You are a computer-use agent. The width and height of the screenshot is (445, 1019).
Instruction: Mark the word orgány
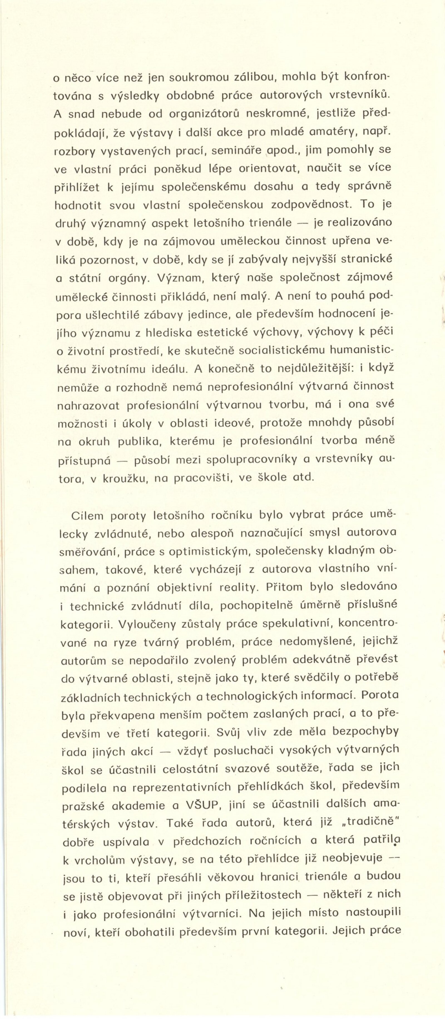click(x=129, y=278)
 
